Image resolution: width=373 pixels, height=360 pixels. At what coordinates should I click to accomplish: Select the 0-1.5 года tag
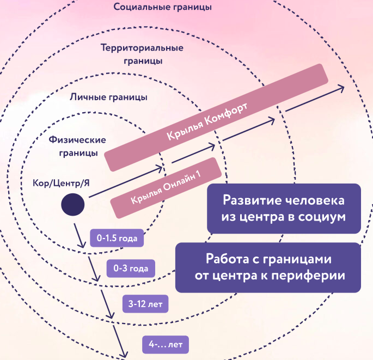[117, 238]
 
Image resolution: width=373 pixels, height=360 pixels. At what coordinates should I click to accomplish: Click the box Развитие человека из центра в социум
[284, 208]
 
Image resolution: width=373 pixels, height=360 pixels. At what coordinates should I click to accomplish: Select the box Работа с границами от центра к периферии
[268, 267]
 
